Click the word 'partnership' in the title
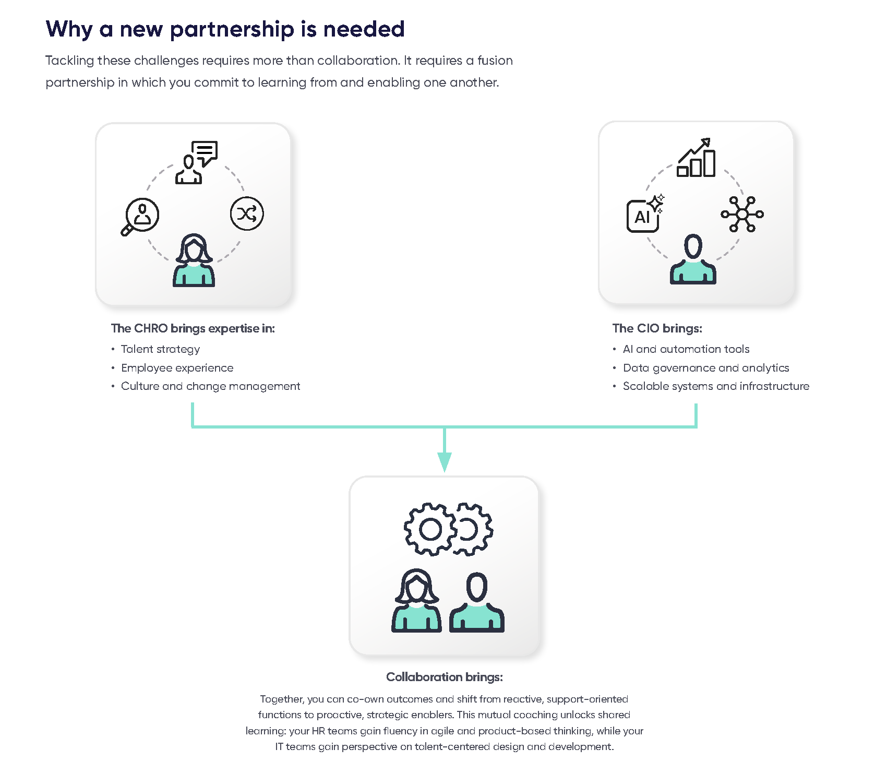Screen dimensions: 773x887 (232, 30)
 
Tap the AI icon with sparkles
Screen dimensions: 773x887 (644, 215)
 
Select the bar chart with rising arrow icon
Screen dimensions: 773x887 (696, 158)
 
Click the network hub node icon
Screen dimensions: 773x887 (742, 214)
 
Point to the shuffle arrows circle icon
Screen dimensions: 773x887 (247, 213)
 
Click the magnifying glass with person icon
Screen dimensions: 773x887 (140, 216)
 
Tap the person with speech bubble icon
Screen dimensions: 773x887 (196, 162)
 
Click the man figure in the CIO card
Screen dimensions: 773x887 (693, 259)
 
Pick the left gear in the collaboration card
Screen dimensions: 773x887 (430, 529)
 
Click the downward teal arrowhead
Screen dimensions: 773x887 (445, 461)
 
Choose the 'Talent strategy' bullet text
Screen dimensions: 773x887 (160, 349)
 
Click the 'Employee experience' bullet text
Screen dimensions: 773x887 (177, 368)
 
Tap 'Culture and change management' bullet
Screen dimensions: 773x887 (210, 386)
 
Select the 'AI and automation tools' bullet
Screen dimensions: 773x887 (686, 349)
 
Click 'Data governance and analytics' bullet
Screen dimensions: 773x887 (705, 368)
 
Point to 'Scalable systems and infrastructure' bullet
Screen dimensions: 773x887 (716, 386)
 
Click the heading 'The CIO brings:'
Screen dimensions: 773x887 (657, 328)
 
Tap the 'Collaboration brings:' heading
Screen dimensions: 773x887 (444, 677)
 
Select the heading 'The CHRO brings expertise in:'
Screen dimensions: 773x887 (193, 328)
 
